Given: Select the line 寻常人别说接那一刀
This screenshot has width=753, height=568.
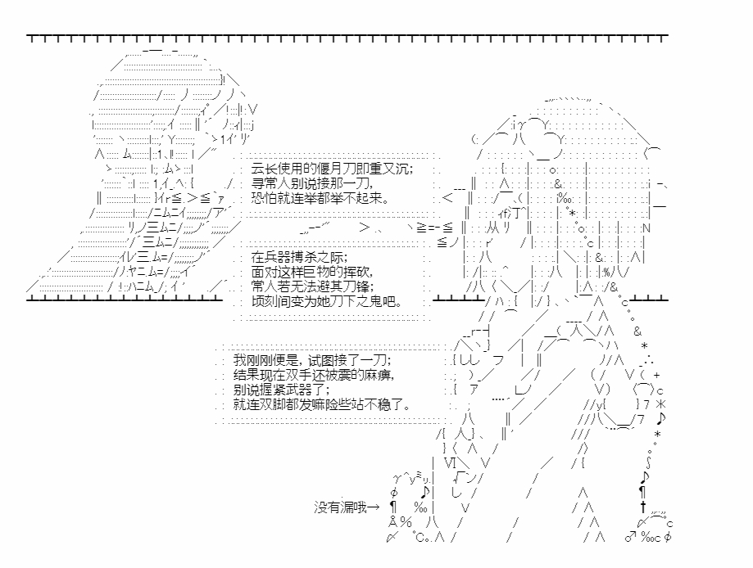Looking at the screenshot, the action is pos(312,183).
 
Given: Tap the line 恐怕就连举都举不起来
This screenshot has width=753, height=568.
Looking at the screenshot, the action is pos(320,197).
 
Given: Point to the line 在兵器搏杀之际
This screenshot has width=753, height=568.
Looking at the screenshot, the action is pos(299,257).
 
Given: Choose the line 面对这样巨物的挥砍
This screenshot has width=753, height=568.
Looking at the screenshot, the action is pos(312,272).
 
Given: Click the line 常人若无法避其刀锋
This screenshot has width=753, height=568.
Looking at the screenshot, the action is pos(312,287).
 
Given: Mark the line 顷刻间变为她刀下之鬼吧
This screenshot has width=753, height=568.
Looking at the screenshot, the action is pos(327,301).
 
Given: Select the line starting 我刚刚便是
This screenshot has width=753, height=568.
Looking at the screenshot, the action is pos(312,360).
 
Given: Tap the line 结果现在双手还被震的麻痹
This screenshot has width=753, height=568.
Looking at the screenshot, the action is pos(314,375).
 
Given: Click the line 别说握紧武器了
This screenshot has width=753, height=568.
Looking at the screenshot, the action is pos(281,390).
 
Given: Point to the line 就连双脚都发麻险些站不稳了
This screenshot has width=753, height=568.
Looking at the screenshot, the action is pos(322,404).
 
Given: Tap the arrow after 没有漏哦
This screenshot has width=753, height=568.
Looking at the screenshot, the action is pos(373,507).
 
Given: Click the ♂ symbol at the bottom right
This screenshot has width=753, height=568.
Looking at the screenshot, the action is pos(631,537).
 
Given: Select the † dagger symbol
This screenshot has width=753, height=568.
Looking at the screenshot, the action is pos(643,507).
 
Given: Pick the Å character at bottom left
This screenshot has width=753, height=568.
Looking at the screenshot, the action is pos(392,521).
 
